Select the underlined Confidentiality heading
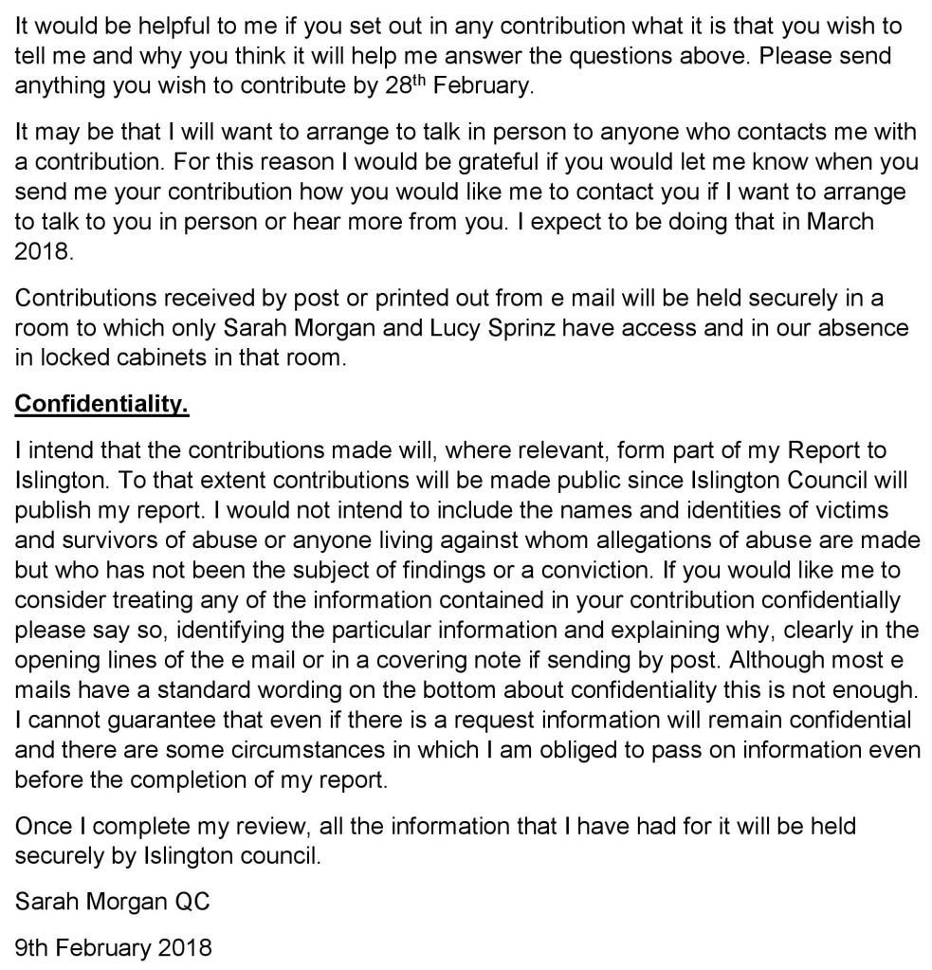(x=102, y=405)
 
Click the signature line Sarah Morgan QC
(x=112, y=901)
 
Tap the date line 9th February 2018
(x=114, y=945)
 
